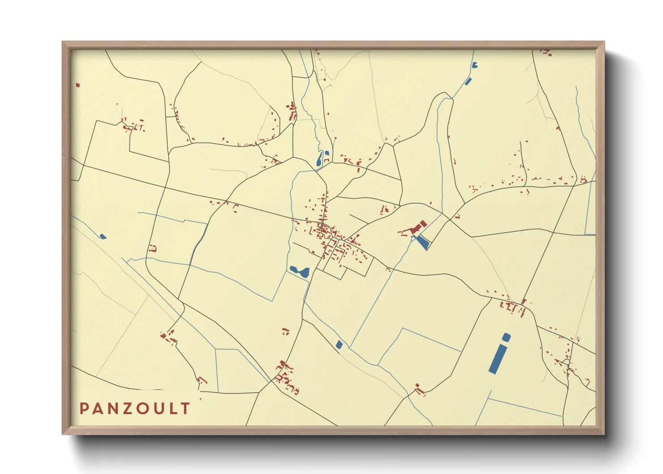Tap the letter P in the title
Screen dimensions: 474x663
(84, 409)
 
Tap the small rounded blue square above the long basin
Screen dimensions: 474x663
(506, 337)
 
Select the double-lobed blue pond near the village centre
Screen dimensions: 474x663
(299, 271)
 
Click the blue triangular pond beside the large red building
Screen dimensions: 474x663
(422, 242)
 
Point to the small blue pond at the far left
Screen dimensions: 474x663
(103, 237)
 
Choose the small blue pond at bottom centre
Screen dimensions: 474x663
(339, 345)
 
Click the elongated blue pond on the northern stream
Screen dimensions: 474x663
(320, 159)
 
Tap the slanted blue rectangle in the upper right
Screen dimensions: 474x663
(468, 82)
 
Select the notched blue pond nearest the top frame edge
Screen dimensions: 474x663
(474, 65)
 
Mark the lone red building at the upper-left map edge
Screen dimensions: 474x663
(77, 85)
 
